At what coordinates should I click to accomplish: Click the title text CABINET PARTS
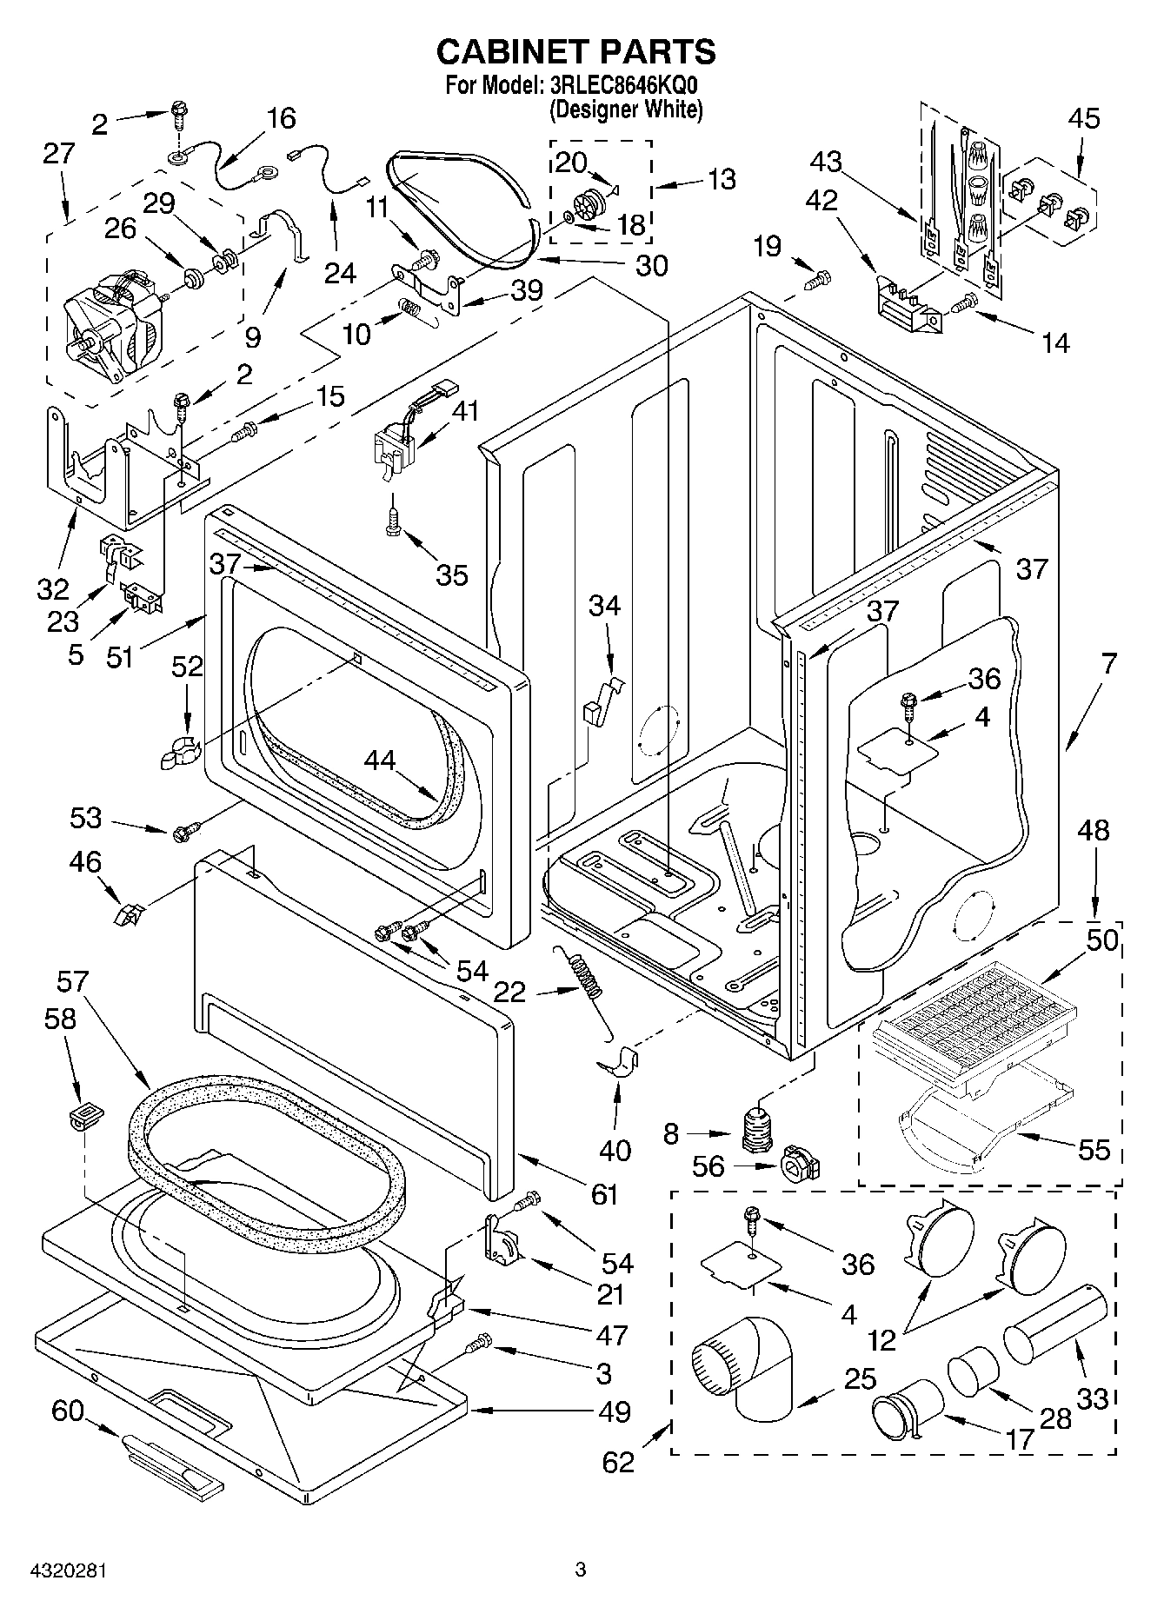click(x=575, y=52)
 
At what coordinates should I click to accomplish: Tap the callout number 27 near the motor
click(x=58, y=154)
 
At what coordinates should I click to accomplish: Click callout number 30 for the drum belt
click(x=651, y=267)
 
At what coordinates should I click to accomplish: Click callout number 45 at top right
click(x=1082, y=118)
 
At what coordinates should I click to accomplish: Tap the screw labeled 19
click(x=818, y=280)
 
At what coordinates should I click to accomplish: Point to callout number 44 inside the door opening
click(x=379, y=761)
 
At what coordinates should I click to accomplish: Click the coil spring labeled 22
click(x=585, y=977)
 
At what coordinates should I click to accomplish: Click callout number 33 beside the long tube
click(x=1092, y=1398)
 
